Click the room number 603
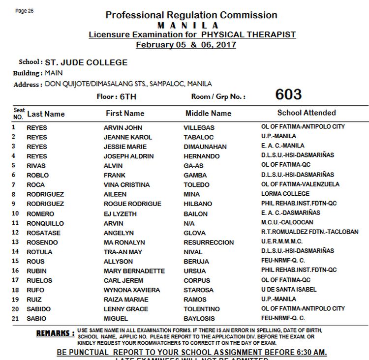[288, 94]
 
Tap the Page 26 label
[25, 11]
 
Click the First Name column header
[125, 113]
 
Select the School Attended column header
[306, 113]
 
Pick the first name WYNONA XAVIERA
[131, 290]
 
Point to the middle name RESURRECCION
[209, 242]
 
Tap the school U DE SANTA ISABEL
[289, 290]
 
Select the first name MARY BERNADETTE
[134, 271]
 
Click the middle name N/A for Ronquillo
[190, 223]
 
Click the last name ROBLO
[37, 175]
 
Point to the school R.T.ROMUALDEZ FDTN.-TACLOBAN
[309, 232]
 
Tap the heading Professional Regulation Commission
[191, 15]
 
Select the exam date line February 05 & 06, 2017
[186, 45]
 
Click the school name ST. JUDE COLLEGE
[86, 62]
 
